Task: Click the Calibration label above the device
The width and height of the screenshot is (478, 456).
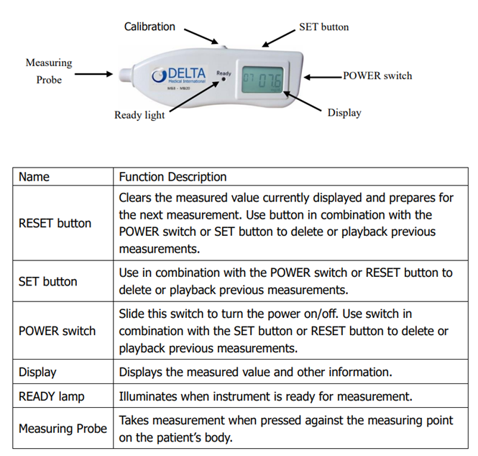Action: [150, 27]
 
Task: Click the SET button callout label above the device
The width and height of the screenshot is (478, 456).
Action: [323, 27]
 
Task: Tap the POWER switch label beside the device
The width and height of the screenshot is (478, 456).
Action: [377, 76]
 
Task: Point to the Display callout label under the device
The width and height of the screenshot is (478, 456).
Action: [344, 112]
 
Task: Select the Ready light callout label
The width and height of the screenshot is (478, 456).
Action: [139, 115]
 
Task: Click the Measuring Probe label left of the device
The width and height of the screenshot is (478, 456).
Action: [49, 71]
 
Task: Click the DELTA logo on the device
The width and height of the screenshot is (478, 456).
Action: [180, 75]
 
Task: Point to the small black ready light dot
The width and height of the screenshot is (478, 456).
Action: [224, 81]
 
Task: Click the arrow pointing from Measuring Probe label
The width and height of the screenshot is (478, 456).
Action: [93, 73]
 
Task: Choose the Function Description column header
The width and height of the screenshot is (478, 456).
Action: [173, 176]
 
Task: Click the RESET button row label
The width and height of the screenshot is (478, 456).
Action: [55, 223]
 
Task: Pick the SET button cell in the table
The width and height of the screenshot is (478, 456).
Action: [47, 281]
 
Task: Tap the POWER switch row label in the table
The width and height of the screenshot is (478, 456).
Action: [57, 331]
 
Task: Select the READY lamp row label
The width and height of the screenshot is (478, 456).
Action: [51, 396]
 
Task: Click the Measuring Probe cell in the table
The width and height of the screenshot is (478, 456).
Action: [63, 429]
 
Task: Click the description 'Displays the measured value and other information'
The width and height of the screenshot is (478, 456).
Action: [255, 373]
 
